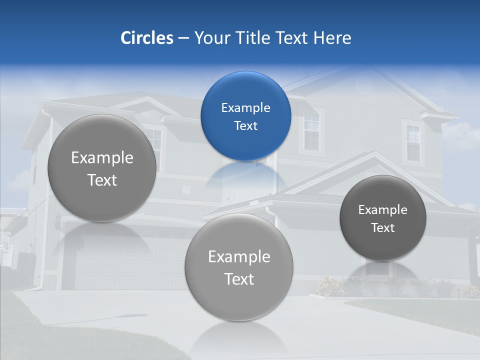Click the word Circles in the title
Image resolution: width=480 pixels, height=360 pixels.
click(146, 38)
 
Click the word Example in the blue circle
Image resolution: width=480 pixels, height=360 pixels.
click(245, 107)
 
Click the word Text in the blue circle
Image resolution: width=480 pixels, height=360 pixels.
click(245, 125)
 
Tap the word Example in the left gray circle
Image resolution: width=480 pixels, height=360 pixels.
click(102, 158)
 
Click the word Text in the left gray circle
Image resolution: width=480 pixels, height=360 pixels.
click(102, 180)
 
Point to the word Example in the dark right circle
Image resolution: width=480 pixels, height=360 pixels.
click(382, 210)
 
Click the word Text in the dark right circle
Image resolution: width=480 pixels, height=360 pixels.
click(382, 228)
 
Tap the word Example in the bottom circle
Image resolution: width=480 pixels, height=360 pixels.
click(239, 257)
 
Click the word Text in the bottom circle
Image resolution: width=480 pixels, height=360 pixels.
click(239, 279)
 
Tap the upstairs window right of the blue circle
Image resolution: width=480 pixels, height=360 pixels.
click(311, 131)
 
